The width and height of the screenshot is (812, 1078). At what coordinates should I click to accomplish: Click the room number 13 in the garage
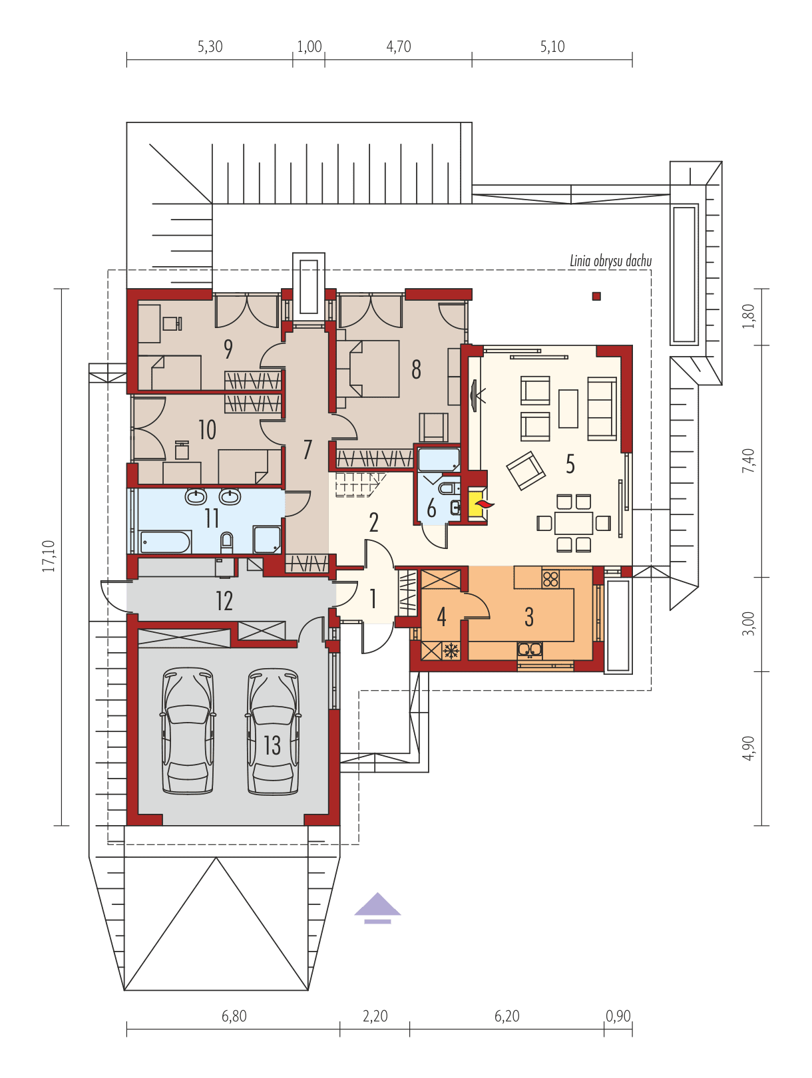[272, 745]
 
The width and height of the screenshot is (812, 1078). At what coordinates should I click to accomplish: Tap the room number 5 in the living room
[570, 464]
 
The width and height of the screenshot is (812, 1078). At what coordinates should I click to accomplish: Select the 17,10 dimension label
[48, 556]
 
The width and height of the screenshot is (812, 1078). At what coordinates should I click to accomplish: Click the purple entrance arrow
[377, 908]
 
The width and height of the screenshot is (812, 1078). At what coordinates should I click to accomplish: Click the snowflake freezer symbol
[451, 651]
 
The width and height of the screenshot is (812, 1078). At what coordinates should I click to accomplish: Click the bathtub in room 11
[165, 542]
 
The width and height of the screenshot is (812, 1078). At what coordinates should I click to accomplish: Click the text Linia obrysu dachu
[610, 261]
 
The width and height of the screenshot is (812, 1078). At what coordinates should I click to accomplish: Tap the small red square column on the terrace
[596, 296]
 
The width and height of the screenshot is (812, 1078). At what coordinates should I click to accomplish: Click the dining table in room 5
[574, 523]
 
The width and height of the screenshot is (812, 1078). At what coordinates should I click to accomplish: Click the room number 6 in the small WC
[431, 508]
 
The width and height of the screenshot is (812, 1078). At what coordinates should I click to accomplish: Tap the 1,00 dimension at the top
[309, 47]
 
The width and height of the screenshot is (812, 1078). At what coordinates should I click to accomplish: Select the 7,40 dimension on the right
[748, 460]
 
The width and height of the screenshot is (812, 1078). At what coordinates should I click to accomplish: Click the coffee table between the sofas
[568, 409]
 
